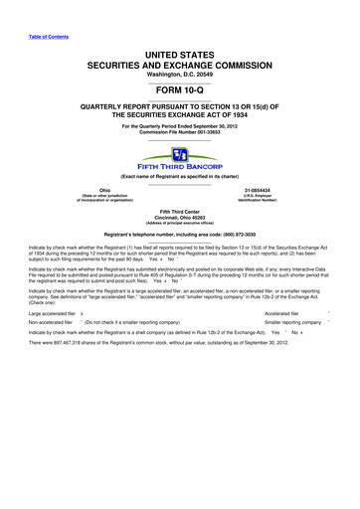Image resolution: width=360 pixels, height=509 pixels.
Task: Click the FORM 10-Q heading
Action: click(180, 84)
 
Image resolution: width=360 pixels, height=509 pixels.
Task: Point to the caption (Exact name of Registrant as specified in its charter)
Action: click(180, 174)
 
